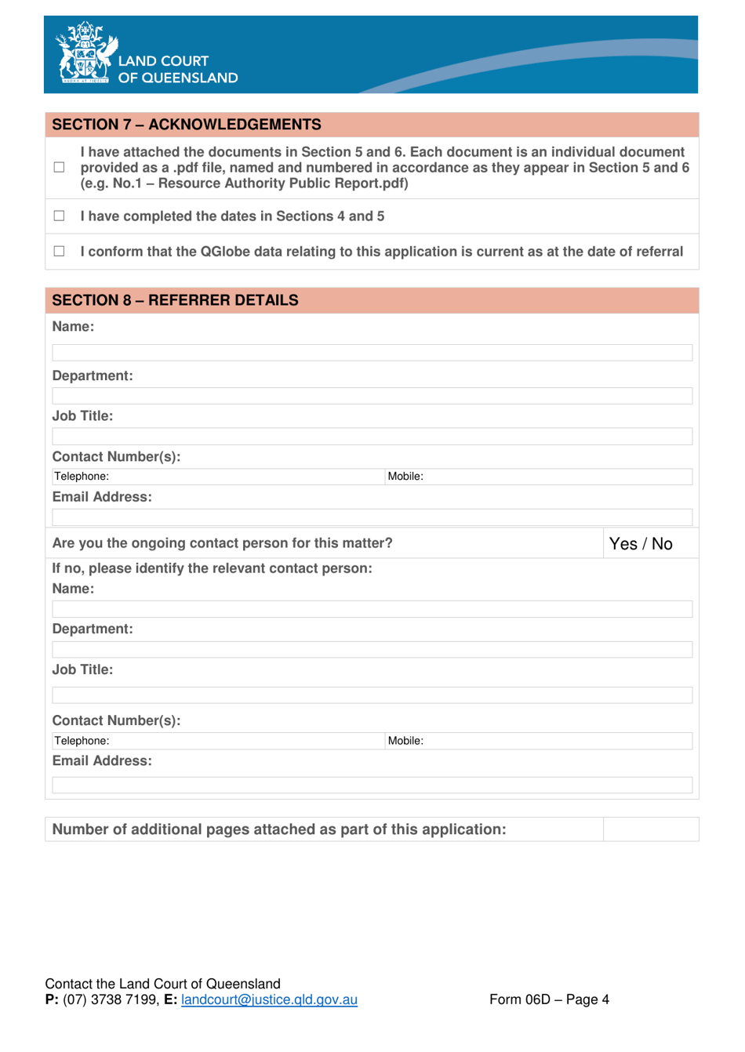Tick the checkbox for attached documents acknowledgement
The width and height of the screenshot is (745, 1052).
(x=59, y=167)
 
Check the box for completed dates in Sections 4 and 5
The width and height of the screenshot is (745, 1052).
(x=59, y=216)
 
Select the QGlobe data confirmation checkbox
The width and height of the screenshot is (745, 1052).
(x=59, y=251)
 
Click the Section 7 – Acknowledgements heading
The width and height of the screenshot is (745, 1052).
(x=187, y=125)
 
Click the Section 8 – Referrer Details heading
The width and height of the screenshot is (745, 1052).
(x=175, y=300)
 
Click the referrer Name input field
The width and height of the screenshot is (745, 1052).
(x=372, y=353)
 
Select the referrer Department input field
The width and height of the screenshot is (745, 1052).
(x=372, y=396)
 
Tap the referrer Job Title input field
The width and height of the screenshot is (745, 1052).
(x=372, y=437)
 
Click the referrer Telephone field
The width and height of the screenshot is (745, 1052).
(x=243, y=477)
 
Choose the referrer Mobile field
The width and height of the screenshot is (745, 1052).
(x=557, y=477)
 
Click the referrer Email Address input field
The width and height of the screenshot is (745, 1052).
(x=372, y=517)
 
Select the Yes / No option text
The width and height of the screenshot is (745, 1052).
(x=641, y=544)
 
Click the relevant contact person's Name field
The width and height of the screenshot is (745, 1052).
(x=372, y=609)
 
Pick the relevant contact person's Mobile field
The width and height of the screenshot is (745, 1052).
(x=557, y=741)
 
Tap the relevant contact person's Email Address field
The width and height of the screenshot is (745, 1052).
(x=372, y=785)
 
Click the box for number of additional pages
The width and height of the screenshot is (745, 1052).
(x=650, y=829)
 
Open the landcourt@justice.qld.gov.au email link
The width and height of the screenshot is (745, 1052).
(x=269, y=999)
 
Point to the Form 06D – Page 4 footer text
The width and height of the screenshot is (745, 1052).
(x=549, y=999)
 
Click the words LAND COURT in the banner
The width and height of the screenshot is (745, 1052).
(x=163, y=61)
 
